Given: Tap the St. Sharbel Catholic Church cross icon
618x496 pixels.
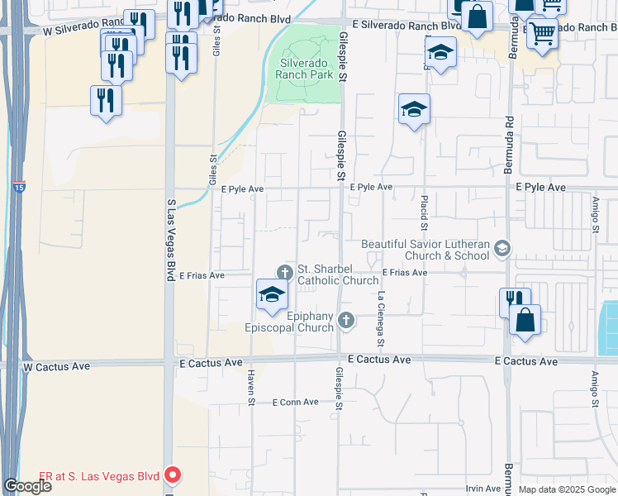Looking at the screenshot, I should [x=285, y=271].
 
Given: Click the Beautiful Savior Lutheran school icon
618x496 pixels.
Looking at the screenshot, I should [x=501, y=248].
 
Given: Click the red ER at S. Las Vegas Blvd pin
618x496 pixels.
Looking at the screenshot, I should [x=173, y=475].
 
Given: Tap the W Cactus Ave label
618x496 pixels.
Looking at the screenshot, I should [x=56, y=365].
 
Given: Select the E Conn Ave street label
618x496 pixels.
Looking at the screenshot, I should [x=295, y=403].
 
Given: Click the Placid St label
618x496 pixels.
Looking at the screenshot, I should [x=424, y=214].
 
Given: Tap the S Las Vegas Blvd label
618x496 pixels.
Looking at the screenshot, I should [x=172, y=231].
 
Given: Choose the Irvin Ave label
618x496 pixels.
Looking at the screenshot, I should [x=483, y=489].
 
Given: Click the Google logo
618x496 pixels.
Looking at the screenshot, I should [x=27, y=486].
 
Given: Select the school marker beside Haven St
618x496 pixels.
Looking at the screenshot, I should [x=272, y=295].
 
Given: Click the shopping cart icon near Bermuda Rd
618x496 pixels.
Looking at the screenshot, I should [x=542, y=34].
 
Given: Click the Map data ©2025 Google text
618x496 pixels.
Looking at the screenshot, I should [x=568, y=489].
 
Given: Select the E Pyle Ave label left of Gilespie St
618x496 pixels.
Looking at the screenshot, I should [x=242, y=189].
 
